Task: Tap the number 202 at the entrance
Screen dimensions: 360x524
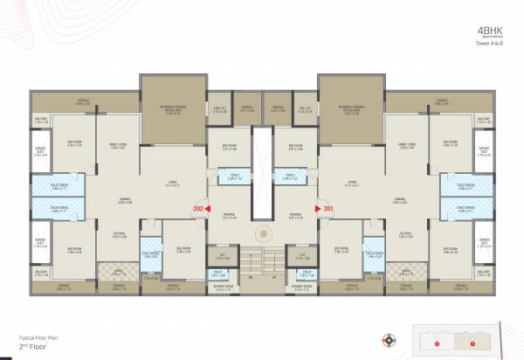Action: [x=196, y=209]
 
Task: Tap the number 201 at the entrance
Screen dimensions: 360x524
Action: [x=327, y=209]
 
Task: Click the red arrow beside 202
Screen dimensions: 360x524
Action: [x=208, y=209]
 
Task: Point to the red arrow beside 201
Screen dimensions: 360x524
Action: [x=317, y=209]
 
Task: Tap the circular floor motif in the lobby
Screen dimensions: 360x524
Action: [x=262, y=237]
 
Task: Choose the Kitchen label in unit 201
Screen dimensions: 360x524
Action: [x=405, y=233]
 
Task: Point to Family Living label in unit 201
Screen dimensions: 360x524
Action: [x=405, y=146]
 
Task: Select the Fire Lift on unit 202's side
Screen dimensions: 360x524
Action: [x=218, y=109]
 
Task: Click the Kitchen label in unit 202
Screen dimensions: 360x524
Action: [x=120, y=233]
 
